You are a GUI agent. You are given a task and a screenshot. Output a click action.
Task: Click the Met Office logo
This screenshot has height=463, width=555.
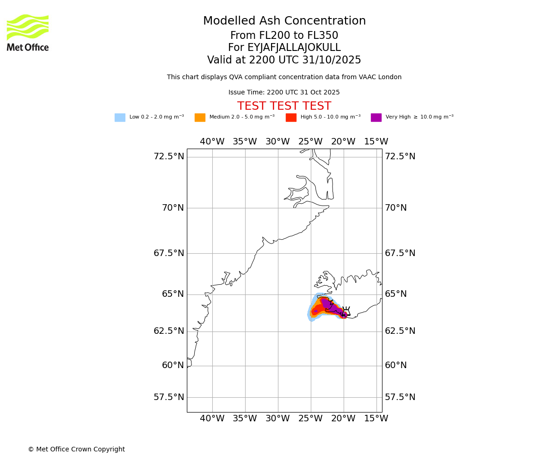(x=28, y=32)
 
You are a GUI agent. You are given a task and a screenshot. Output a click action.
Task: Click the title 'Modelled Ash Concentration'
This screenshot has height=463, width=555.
(x=284, y=21)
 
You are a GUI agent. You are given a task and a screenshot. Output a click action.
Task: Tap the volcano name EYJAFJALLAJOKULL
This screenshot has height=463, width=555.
(x=284, y=48)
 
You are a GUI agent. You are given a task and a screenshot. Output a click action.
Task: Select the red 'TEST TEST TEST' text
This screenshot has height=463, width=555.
(x=284, y=106)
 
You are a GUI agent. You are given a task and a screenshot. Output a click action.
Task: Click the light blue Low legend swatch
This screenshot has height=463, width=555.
(x=120, y=118)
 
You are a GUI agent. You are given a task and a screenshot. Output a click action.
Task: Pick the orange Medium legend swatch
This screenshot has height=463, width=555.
(x=200, y=118)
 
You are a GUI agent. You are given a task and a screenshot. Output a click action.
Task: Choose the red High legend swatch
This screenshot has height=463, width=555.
(x=291, y=118)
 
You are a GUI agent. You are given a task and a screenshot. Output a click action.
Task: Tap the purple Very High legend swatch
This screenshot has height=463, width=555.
(x=376, y=118)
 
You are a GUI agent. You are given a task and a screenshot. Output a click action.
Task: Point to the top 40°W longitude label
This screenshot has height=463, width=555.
(x=212, y=142)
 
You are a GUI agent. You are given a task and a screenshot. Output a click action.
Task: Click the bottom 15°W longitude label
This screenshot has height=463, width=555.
(x=376, y=419)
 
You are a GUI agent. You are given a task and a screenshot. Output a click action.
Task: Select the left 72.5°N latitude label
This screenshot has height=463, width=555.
(x=169, y=156)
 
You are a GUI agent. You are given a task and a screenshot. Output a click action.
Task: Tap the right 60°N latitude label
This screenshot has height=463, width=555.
(x=396, y=365)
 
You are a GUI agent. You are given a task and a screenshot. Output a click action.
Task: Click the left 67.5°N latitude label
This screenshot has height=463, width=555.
(x=169, y=253)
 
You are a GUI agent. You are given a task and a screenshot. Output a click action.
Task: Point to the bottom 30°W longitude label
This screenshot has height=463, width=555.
(x=277, y=419)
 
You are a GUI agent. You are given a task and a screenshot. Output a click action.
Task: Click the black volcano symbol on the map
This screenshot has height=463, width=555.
(x=346, y=311)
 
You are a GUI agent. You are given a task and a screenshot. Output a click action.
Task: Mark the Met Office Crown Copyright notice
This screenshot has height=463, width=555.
(x=76, y=450)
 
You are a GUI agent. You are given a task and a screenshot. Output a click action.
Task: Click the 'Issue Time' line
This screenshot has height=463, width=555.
(x=284, y=93)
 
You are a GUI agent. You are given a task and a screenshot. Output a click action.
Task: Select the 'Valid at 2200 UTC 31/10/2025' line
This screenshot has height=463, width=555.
(x=284, y=60)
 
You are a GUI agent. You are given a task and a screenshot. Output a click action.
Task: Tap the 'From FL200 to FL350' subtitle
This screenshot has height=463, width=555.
(x=284, y=36)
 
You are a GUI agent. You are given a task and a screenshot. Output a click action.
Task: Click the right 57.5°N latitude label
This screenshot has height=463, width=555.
(x=400, y=397)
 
